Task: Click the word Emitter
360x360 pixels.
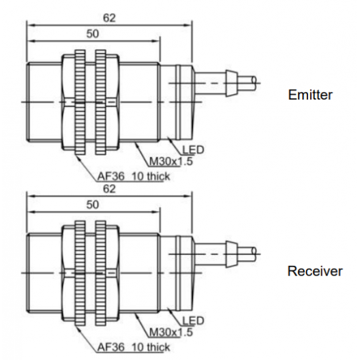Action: click(310, 95)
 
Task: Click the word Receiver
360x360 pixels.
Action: click(315, 271)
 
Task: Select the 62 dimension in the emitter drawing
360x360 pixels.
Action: click(109, 18)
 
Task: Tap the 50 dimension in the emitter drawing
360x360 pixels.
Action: click(93, 34)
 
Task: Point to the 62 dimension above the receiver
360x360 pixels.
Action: click(109, 189)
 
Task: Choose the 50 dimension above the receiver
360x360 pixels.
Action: click(93, 205)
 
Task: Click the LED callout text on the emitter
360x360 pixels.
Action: click(194, 150)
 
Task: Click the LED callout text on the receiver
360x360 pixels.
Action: click(194, 320)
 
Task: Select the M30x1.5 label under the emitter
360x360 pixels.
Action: click(171, 162)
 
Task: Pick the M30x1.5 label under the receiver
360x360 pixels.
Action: click(171, 332)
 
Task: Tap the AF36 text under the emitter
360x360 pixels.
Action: click(111, 177)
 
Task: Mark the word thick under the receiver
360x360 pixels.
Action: click(158, 347)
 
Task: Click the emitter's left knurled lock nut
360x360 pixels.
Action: click(80, 102)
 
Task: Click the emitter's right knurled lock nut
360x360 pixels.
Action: click(100, 102)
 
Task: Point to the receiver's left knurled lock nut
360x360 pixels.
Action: click(80, 273)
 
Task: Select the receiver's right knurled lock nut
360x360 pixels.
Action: click(100, 273)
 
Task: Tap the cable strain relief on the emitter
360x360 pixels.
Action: click(231, 83)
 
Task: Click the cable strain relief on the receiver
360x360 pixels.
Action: click(231, 254)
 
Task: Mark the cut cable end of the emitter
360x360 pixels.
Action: click(254, 83)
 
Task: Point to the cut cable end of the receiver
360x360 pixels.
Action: click(254, 254)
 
